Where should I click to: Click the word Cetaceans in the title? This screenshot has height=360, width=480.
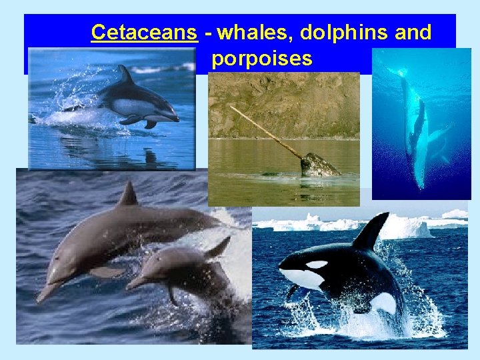point(144,32)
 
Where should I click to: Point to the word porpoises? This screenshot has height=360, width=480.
point(262,59)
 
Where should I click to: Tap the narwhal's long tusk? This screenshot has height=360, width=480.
point(266,132)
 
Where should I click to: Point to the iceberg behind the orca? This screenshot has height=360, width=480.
point(407,227)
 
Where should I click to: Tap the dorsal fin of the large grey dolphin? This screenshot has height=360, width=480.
point(128,194)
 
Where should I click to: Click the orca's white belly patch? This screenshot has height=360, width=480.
point(383,303)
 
